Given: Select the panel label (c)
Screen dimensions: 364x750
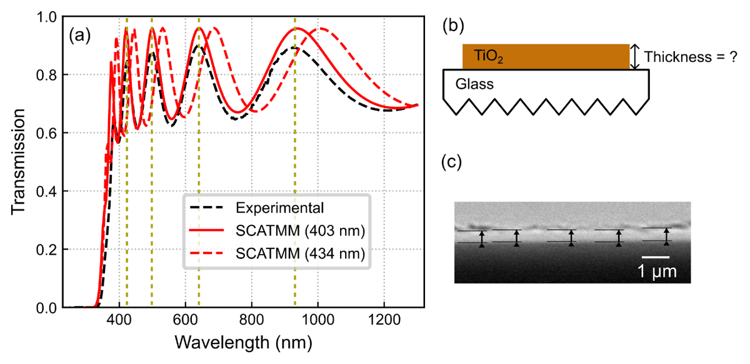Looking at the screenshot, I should (452, 164).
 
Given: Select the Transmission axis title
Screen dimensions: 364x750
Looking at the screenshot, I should (19, 162).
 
